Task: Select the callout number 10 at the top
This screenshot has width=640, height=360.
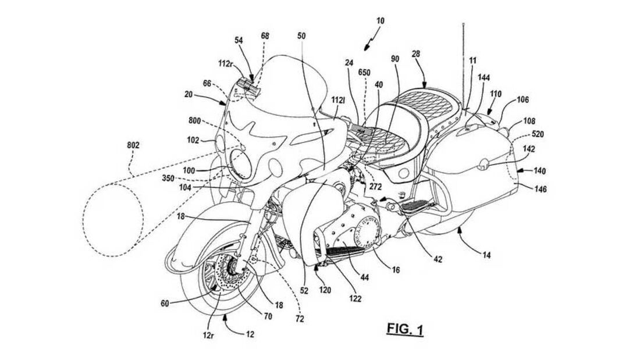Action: click(x=379, y=21)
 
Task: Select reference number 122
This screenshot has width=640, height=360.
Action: click(x=355, y=299)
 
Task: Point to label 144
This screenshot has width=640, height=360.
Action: click(x=483, y=77)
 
